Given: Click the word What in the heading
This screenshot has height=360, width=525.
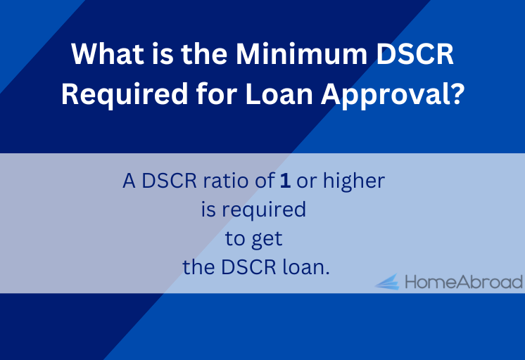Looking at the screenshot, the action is [108, 53].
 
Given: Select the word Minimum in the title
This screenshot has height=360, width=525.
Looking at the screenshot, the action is [301, 53].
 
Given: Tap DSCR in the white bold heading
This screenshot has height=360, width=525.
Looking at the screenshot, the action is [415, 53].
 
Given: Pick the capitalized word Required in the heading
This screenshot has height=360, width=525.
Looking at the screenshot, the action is [125, 94].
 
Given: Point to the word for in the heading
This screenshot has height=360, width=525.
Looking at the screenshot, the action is [217, 94].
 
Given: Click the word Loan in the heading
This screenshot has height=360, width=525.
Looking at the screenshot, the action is [279, 94].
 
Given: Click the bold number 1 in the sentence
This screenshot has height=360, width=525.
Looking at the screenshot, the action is [285, 181].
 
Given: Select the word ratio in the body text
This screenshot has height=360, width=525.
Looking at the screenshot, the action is [225, 181].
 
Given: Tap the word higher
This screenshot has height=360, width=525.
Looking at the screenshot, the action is [354, 181].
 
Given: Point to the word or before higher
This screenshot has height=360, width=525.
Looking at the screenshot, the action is [306, 181].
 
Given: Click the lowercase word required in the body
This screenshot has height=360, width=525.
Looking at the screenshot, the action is [264, 210].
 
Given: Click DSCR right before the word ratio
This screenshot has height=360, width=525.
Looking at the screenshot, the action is [170, 181].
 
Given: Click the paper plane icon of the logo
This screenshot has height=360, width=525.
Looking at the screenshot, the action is [387, 282].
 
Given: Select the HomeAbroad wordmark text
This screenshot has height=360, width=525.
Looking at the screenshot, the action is [464, 282].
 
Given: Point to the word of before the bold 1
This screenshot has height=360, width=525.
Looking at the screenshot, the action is [265, 181].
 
